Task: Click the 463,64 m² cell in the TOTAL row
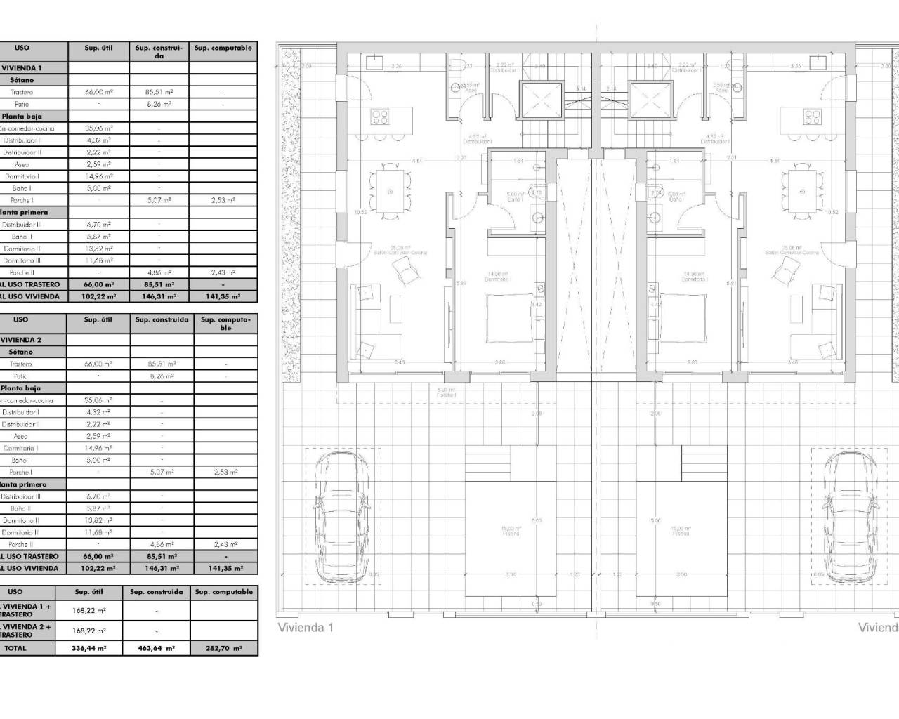click(x=155, y=649)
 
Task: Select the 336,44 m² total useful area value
click(x=88, y=649)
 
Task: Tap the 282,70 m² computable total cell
click(x=224, y=649)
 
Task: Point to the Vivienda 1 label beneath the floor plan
click(x=306, y=628)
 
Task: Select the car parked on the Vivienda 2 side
click(x=849, y=517)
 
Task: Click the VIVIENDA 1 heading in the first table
click(x=22, y=68)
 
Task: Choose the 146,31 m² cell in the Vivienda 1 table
click(x=159, y=297)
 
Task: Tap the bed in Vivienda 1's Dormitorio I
click(x=515, y=316)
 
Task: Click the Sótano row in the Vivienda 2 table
click(x=21, y=352)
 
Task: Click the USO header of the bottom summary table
click(x=15, y=592)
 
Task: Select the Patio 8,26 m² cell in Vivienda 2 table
click(x=162, y=376)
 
